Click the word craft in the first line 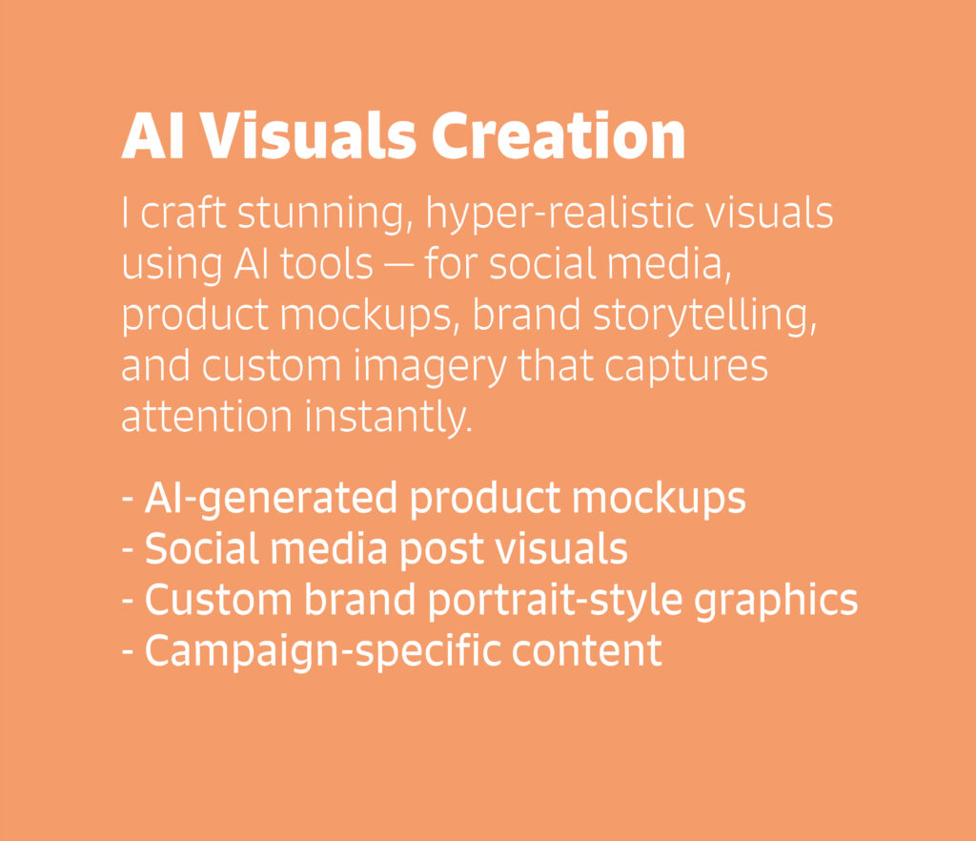(183, 215)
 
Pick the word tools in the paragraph (326, 264)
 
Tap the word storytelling (704, 317)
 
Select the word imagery (430, 367)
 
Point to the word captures (686, 367)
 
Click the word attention (207, 417)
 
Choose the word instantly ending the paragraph (389, 417)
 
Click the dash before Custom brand (128, 602)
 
